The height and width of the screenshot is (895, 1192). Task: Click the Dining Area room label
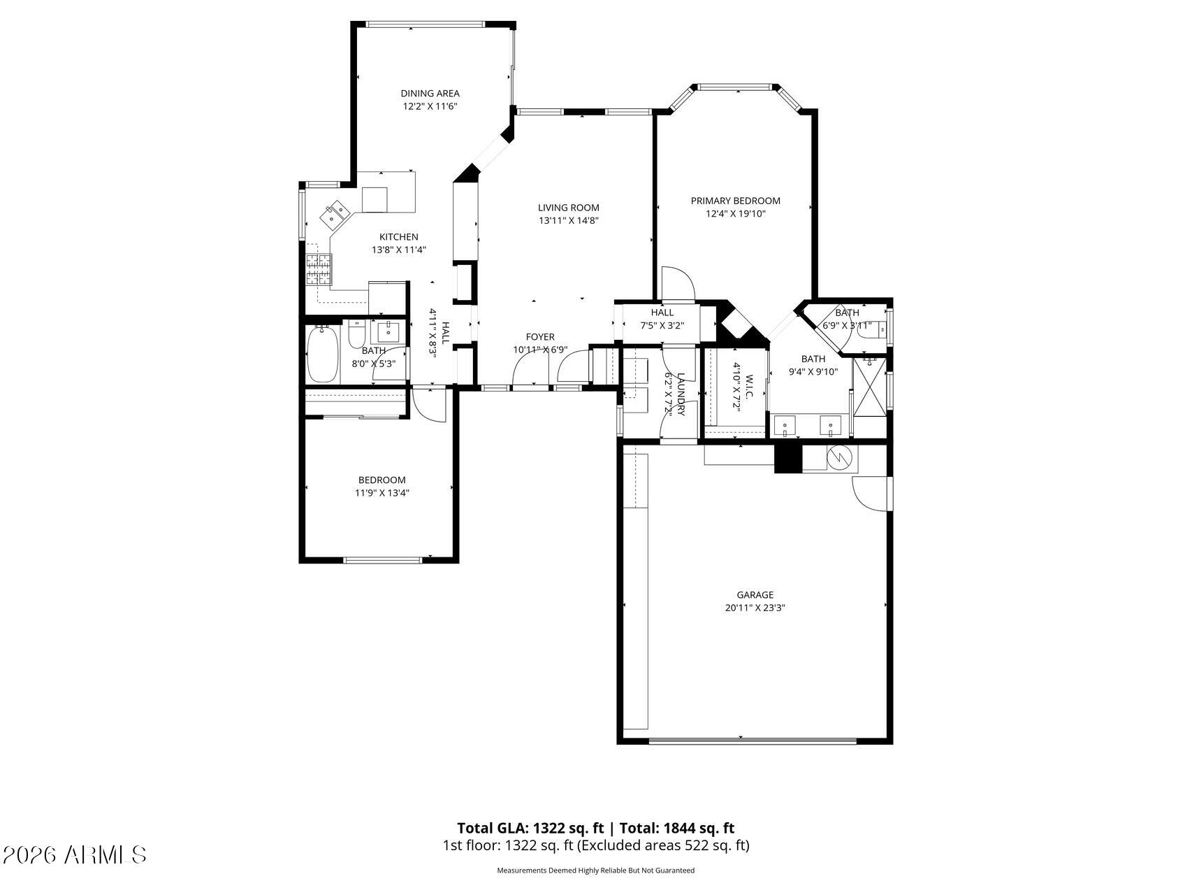430,93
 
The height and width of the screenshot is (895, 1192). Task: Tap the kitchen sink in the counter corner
335,214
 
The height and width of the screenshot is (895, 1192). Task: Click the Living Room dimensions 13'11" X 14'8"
569,220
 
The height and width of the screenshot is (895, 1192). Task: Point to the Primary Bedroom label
735,201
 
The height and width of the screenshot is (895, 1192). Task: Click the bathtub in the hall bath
322,355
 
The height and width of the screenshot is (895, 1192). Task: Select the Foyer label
540,337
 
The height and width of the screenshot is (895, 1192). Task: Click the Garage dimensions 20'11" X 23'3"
755,608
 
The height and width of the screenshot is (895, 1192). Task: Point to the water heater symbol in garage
838,458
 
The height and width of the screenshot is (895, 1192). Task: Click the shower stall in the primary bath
870,396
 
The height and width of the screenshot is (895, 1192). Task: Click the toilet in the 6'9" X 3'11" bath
869,333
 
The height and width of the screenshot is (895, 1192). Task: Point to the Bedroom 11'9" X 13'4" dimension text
381,492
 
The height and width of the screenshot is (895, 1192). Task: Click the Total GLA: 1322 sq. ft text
530,829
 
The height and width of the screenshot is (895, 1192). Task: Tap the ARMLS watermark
75,854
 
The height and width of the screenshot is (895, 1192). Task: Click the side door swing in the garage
868,494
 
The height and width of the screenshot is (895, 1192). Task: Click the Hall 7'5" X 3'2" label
662,319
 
